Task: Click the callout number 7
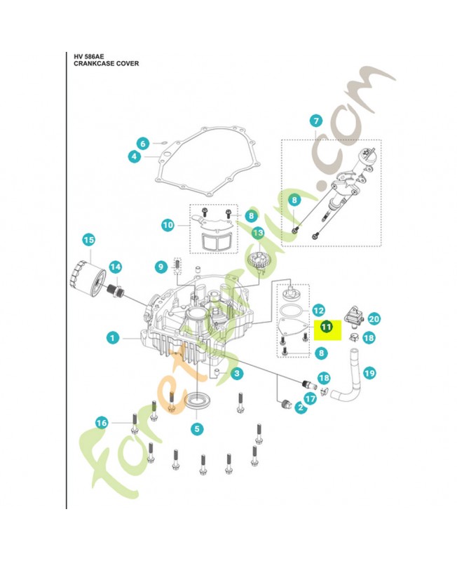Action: (x=315, y=120)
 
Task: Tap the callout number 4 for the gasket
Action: (x=133, y=157)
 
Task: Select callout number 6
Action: (x=142, y=144)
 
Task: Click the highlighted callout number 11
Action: (x=327, y=327)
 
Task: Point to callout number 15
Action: (x=88, y=241)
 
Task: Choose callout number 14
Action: (x=115, y=267)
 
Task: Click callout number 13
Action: (x=258, y=233)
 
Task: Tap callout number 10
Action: (x=168, y=225)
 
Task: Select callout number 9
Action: (x=161, y=266)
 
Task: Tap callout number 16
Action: (x=102, y=422)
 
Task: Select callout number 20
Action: (x=374, y=319)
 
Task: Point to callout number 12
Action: (x=318, y=309)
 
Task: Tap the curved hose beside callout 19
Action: (x=346, y=385)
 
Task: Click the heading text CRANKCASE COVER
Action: (x=107, y=63)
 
